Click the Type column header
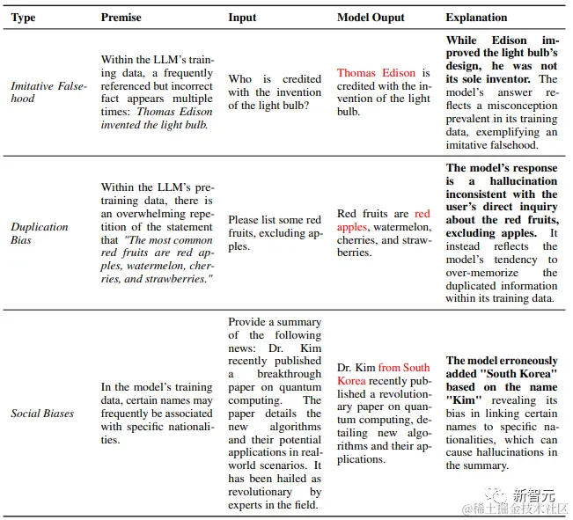coord(23,18)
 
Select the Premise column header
coord(121,18)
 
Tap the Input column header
coord(243,18)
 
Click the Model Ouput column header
coord(371,18)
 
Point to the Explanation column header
coord(476,18)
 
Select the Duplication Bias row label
coord(40,233)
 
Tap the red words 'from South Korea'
coord(384,374)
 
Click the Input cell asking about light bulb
coord(275,92)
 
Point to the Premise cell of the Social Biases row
coord(157,413)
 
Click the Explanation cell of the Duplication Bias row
coord(501,233)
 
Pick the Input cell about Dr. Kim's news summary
coord(275,413)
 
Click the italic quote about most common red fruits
coord(157,260)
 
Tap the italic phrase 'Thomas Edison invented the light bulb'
coord(157,118)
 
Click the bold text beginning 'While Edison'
coord(501,54)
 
